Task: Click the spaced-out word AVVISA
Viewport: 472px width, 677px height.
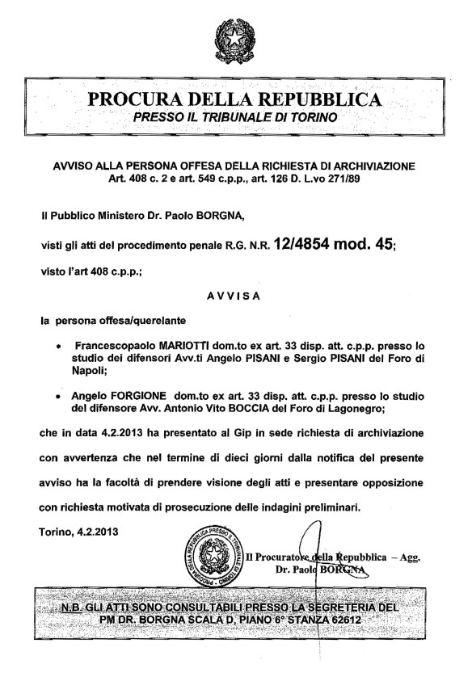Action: point(233,296)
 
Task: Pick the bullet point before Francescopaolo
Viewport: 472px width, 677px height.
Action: point(58,344)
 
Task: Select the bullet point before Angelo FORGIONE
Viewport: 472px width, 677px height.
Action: point(58,397)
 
